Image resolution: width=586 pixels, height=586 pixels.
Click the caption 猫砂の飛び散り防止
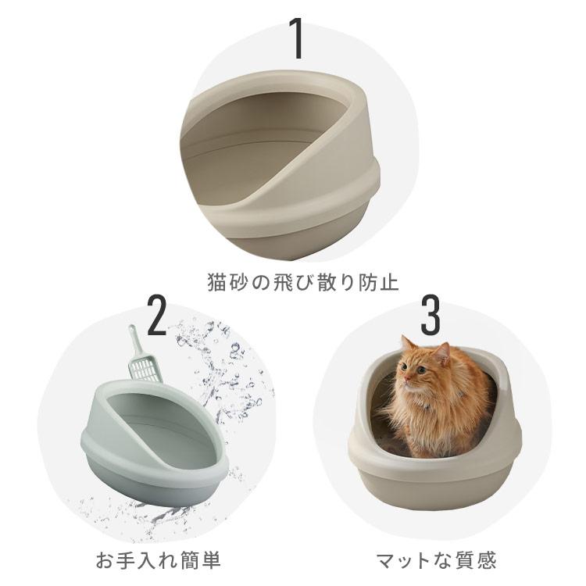click(x=292, y=282)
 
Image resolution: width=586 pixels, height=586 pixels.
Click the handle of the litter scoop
click(x=134, y=341)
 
